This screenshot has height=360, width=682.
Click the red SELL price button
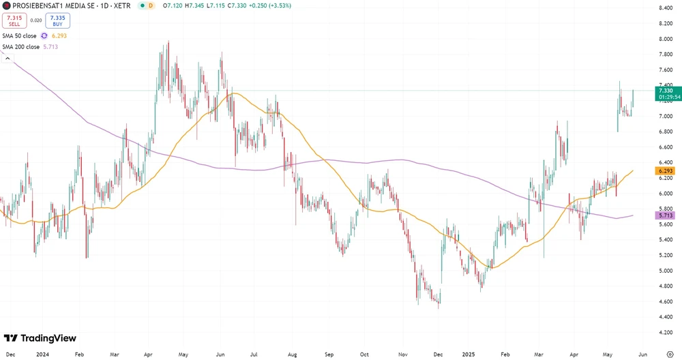pyautogui.click(x=14, y=20)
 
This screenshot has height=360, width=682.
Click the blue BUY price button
pyautogui.click(x=57, y=20)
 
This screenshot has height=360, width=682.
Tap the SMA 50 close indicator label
pyautogui.click(x=20, y=35)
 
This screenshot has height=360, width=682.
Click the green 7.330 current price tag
pyautogui.click(x=666, y=91)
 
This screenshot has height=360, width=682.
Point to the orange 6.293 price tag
pyautogui.click(x=666, y=170)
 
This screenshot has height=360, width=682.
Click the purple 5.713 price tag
pyautogui.click(x=666, y=215)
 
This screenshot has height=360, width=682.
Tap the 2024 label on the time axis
pyautogui.click(x=42, y=355)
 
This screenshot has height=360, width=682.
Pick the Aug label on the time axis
pyautogui.click(x=293, y=355)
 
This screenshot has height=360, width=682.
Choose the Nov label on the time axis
pyautogui.click(x=402, y=355)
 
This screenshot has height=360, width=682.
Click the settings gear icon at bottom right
pyautogui.click(x=670, y=355)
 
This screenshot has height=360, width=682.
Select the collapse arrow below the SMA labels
pyautogui.click(x=8, y=59)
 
